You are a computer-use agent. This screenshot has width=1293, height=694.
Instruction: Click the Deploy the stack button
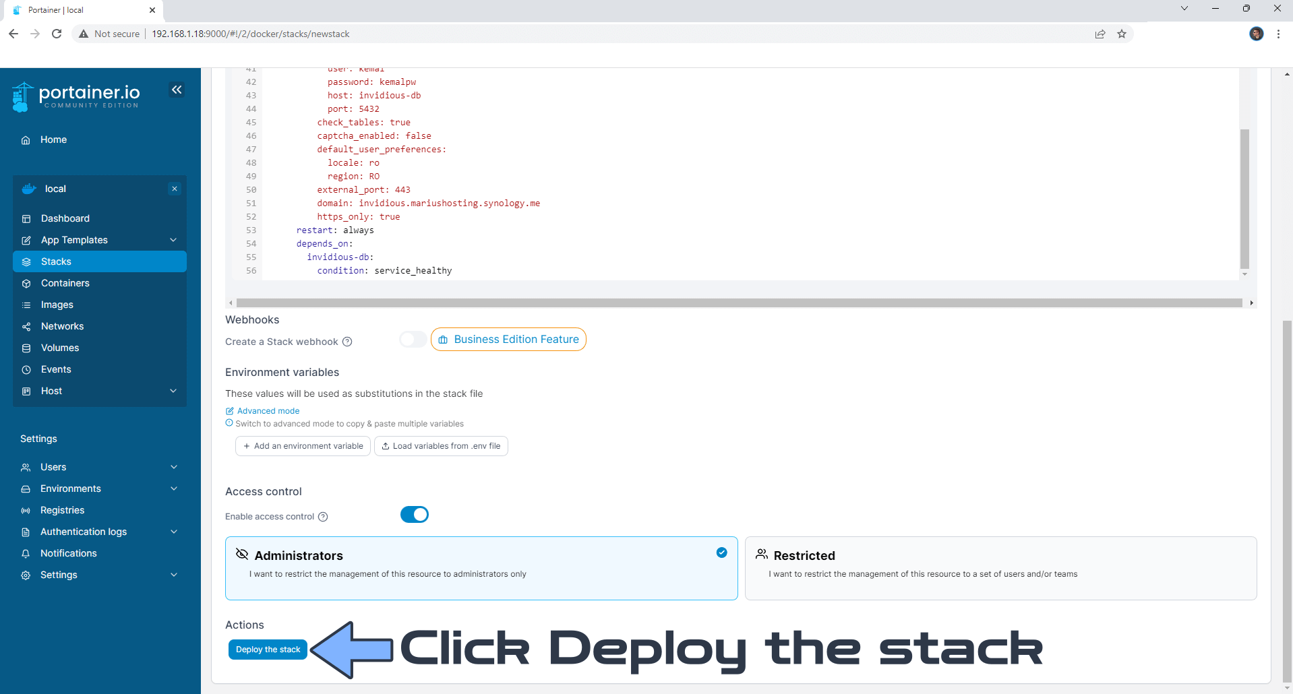click(268, 650)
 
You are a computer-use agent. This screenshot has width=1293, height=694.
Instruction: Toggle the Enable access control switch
click(415, 515)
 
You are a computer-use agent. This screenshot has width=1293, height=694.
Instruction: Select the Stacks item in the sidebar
click(100, 261)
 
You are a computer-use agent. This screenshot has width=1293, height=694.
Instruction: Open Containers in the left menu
click(65, 283)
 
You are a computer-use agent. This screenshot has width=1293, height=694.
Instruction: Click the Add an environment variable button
click(303, 446)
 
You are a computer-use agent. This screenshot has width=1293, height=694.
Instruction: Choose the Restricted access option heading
click(804, 555)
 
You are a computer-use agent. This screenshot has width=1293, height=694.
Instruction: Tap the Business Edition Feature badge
click(508, 340)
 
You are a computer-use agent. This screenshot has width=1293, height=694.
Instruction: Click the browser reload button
click(57, 34)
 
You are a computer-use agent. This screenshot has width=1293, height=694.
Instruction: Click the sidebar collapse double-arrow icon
click(177, 90)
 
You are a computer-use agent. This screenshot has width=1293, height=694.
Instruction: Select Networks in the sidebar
click(62, 326)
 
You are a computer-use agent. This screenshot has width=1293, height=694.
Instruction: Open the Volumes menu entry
click(60, 348)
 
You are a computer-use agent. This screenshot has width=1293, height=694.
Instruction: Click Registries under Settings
click(62, 510)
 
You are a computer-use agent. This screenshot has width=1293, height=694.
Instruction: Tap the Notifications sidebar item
click(68, 553)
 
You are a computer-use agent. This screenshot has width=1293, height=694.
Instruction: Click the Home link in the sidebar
click(53, 139)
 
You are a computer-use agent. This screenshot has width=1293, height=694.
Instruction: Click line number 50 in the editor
click(251, 190)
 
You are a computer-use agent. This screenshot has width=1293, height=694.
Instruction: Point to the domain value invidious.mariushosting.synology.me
click(450, 203)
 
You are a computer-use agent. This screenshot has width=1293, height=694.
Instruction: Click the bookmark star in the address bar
click(1122, 34)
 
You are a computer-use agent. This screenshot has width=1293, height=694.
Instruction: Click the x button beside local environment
click(175, 189)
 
